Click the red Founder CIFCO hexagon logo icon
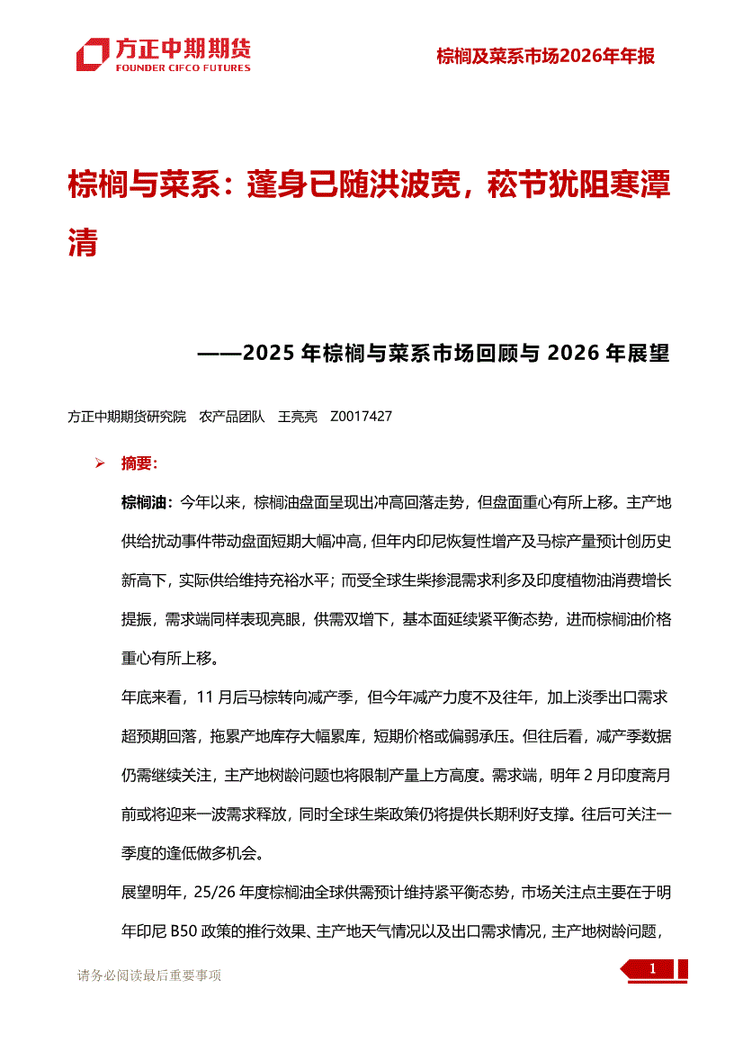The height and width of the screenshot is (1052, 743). pyautogui.click(x=94, y=54)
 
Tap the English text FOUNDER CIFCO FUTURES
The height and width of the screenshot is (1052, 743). pyautogui.click(x=183, y=67)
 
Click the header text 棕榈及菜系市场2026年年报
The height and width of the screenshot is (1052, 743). pyautogui.click(x=545, y=56)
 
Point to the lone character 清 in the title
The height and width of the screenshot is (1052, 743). pyautogui.click(x=83, y=242)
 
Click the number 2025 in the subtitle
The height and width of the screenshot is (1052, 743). pyautogui.click(x=269, y=353)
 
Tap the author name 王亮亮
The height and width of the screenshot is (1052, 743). pyautogui.click(x=298, y=417)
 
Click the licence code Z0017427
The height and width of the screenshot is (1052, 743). pyautogui.click(x=362, y=417)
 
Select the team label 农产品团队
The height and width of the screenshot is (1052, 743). pyautogui.click(x=232, y=417)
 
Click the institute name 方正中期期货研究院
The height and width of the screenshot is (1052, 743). pyautogui.click(x=127, y=417)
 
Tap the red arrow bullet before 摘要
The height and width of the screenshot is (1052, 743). pyautogui.click(x=100, y=464)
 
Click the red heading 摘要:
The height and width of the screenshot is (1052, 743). pyautogui.click(x=139, y=464)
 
